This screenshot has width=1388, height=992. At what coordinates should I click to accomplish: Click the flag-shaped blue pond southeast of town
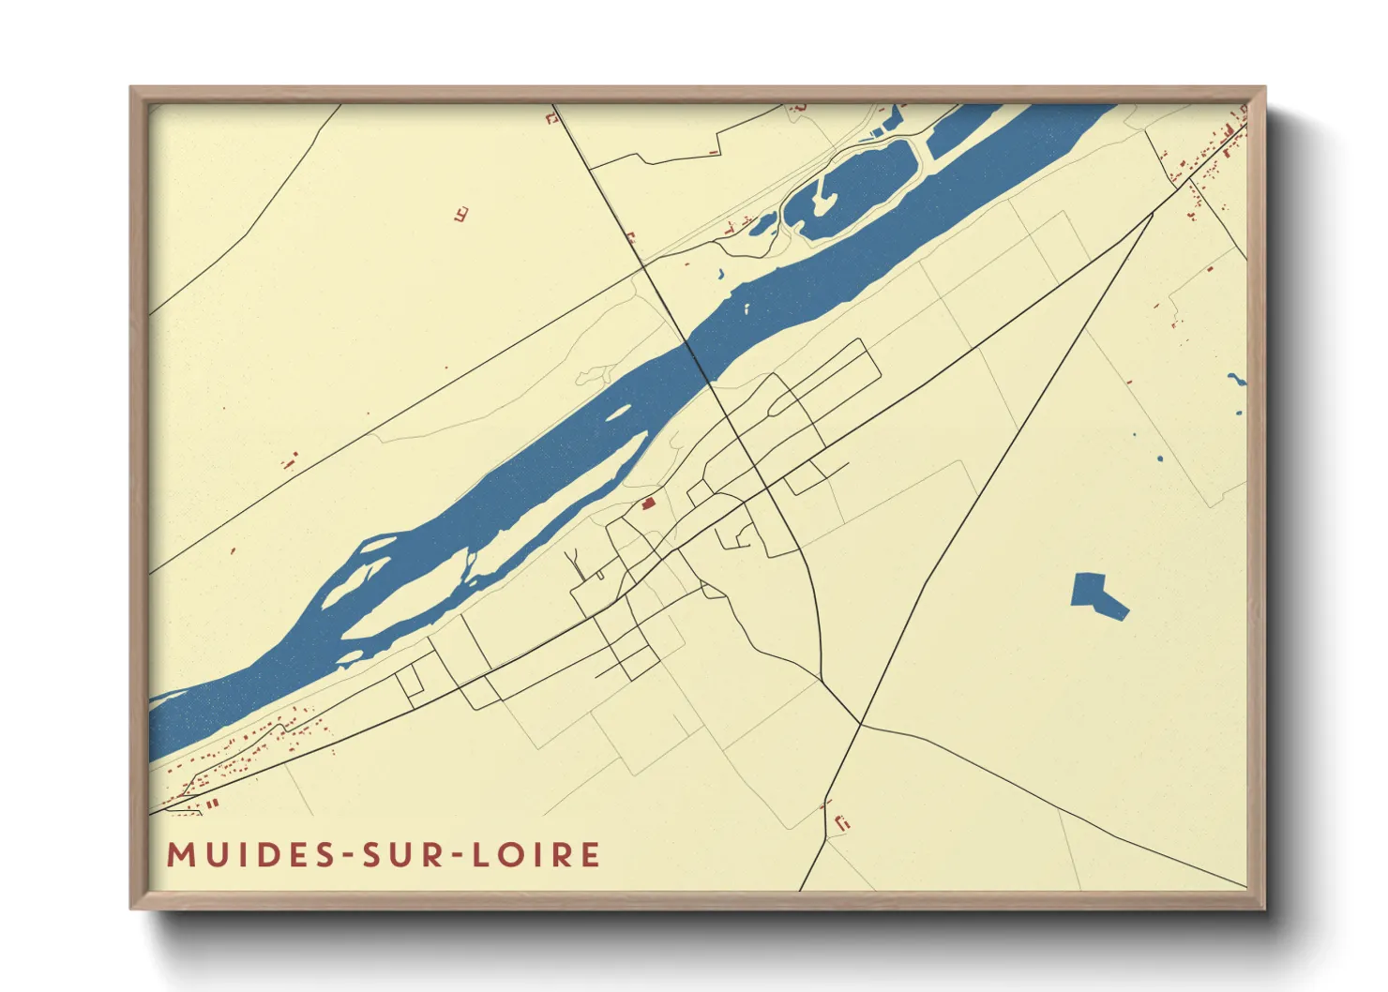pos(1096,594)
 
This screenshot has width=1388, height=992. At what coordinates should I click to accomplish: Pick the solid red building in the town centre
pos(648,504)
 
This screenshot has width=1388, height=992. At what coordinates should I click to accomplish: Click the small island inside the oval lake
pos(822,203)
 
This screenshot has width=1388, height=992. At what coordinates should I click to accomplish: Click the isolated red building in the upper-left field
pos(460,215)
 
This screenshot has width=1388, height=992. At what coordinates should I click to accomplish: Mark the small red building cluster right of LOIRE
pos(841,822)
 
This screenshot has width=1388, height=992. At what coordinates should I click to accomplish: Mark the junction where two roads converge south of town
pos(860,723)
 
